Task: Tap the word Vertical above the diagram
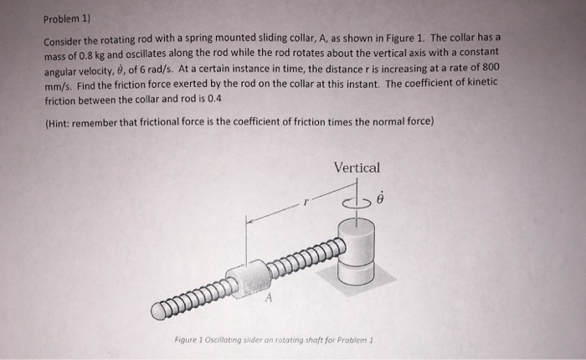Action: [357, 167]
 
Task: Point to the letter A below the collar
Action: [269, 296]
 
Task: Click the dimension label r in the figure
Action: [307, 202]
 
